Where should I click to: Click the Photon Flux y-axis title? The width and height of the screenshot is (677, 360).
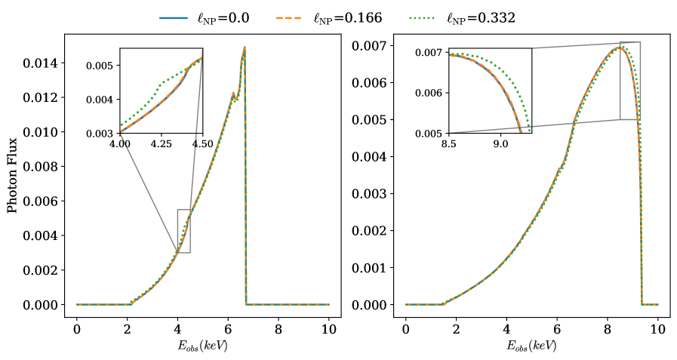12,175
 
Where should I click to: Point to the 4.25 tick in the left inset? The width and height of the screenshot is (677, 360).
161,143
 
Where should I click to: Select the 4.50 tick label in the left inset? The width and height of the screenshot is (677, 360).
202,143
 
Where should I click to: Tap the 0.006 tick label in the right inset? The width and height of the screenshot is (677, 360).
432,93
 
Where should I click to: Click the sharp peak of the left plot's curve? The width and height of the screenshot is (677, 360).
245,48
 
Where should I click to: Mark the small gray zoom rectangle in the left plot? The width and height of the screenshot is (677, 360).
183,231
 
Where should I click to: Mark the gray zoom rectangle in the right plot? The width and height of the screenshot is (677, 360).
629,81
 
